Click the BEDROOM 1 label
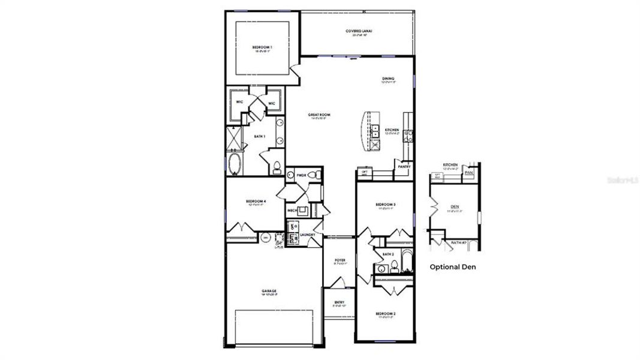(x=263, y=47)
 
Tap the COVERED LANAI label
(x=359, y=31)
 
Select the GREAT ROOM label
(x=320, y=115)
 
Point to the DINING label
(x=388, y=79)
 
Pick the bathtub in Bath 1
(x=235, y=164)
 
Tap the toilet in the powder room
(x=319, y=175)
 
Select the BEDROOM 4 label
(x=256, y=201)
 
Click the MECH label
(x=292, y=211)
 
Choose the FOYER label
(x=340, y=260)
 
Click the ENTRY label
(x=339, y=302)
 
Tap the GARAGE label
(x=269, y=291)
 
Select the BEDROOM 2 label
(x=385, y=314)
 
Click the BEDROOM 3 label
(x=386, y=205)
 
